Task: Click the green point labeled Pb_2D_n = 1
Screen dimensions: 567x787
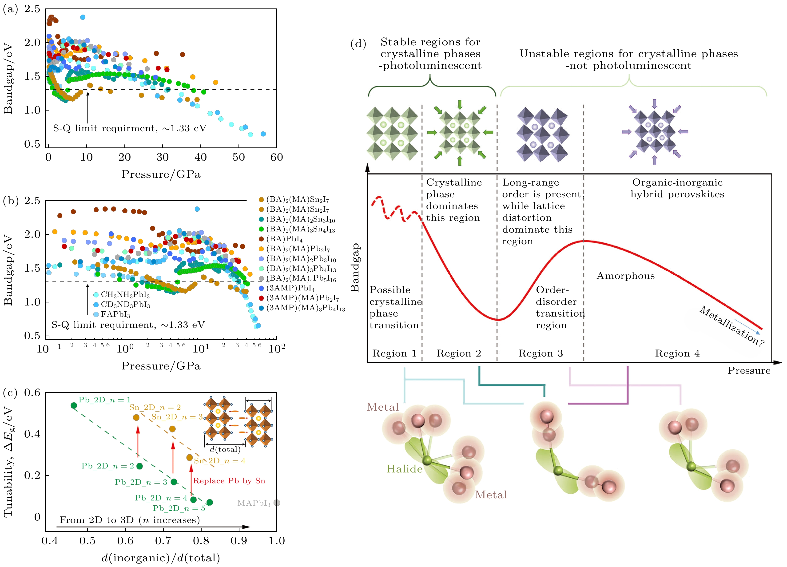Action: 74,405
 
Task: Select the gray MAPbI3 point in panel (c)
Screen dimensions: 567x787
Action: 277,503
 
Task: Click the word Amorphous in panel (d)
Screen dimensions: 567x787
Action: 625,276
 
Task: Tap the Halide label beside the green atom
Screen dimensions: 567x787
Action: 404,469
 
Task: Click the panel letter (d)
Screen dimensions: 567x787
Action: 358,44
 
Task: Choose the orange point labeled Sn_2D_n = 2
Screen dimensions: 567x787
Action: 136,417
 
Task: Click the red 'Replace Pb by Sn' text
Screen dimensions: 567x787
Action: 229,481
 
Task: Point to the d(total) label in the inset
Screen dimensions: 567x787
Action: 225,449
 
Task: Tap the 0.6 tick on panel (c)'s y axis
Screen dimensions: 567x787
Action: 32,393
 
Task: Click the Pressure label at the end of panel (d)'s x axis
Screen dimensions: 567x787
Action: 749,371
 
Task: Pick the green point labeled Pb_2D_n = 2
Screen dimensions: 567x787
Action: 139,466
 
